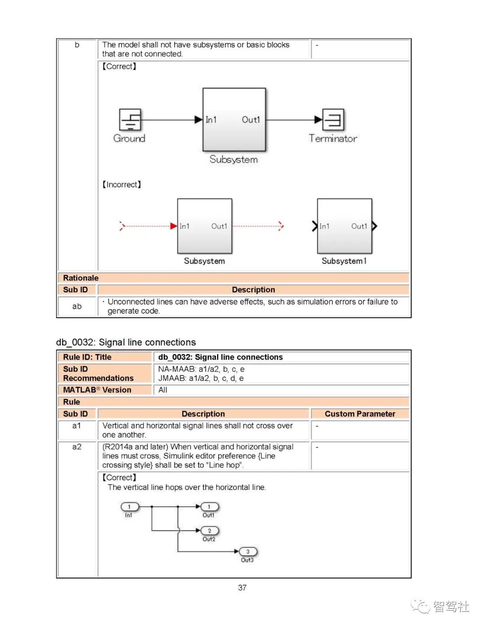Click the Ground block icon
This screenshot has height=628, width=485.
[x=130, y=120]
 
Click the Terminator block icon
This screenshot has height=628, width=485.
[x=334, y=120]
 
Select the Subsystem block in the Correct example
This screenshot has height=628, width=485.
[x=234, y=120]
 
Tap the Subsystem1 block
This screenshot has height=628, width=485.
[x=344, y=226]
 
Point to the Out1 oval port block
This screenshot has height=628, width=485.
[x=209, y=507]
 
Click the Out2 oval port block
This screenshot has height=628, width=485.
[x=209, y=531]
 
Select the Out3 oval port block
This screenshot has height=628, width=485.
[x=248, y=552]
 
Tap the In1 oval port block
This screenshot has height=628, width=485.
[x=130, y=507]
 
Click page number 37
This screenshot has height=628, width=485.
[x=242, y=588]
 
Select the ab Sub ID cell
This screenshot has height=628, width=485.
[x=77, y=306]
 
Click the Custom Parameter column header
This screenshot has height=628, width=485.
[x=360, y=414]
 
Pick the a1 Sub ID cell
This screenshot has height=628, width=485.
[x=77, y=426]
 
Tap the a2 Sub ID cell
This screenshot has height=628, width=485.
[x=77, y=447]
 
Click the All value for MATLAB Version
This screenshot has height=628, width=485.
[x=163, y=390]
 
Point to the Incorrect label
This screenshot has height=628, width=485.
[x=122, y=185]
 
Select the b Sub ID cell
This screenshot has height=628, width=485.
[x=77, y=45]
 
